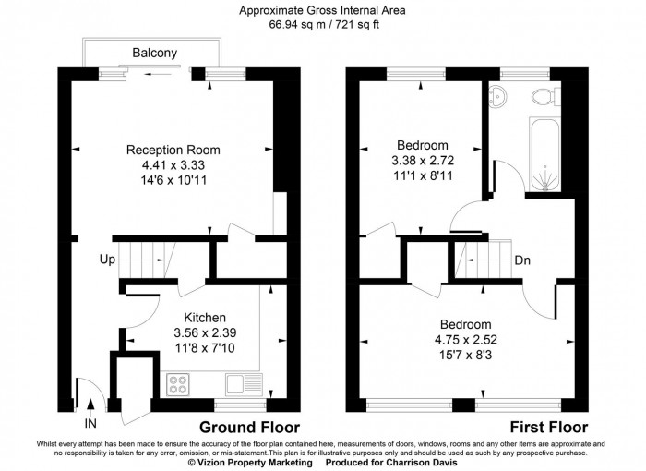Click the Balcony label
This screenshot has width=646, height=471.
click(154, 53)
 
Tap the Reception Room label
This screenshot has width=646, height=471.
click(173, 150)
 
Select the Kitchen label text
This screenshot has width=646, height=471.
click(192, 318)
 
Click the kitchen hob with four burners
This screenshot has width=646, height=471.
click(179, 381)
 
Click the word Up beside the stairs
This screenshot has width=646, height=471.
click(107, 260)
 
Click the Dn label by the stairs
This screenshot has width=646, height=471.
click(522, 260)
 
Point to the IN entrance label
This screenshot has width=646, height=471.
click(90, 423)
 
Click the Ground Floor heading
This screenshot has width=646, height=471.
click(249, 428)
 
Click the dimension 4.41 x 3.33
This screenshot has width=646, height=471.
click(173, 165)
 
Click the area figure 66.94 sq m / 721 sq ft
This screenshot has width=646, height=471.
click(323, 25)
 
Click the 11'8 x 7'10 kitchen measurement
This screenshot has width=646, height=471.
click(192, 349)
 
